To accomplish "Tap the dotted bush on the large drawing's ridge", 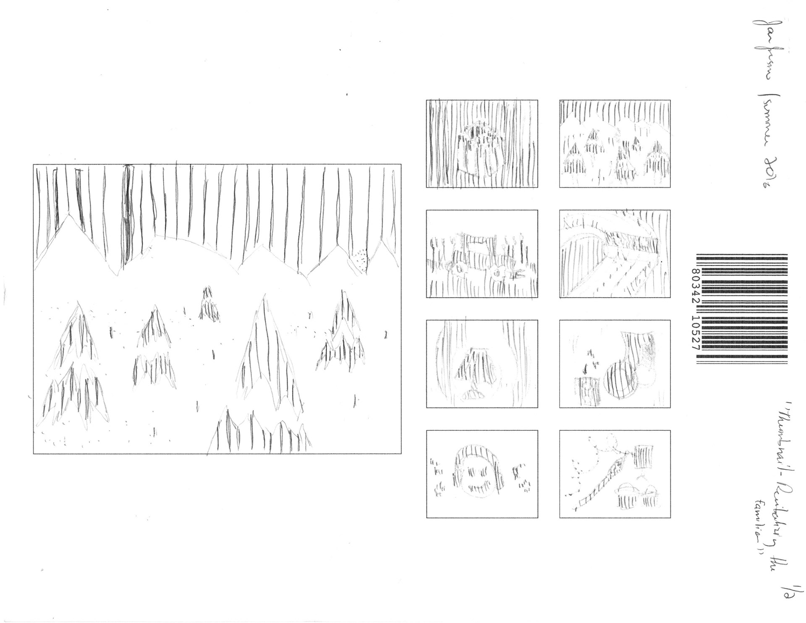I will coord(360,259).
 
